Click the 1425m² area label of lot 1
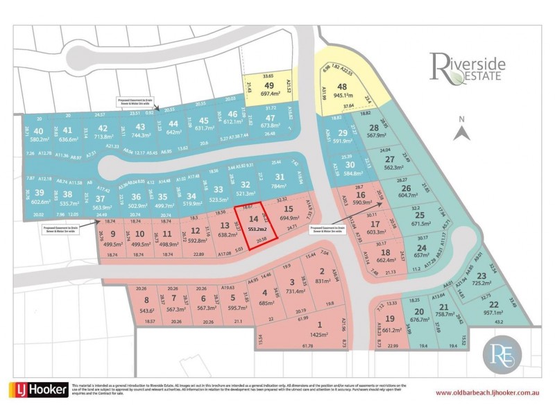tap(319, 334)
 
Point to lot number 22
tap(493, 304)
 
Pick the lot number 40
tap(37, 130)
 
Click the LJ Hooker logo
tap(38, 389)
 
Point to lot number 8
tap(146, 300)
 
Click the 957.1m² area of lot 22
tap(493, 313)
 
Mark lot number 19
tap(390, 318)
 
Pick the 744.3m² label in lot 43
tap(141, 137)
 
